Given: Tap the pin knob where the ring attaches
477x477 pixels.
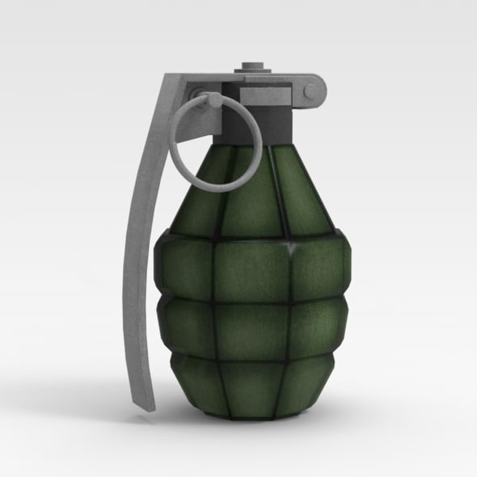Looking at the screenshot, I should [x=214, y=99].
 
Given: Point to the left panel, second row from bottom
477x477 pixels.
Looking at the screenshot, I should [x=186, y=327].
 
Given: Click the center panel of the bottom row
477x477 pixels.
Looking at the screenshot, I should [x=252, y=384].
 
